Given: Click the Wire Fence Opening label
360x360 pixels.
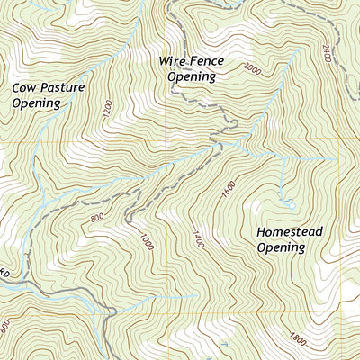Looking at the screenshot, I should coord(192,68).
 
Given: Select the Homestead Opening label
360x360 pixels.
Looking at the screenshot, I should coord(289,238).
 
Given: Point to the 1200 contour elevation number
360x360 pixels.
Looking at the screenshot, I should coord(108,111).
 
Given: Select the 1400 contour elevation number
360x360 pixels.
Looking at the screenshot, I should coord(195,238).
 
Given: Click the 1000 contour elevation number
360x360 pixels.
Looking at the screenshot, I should coord(147,241).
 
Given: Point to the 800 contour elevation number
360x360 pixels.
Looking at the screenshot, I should coord(98,218).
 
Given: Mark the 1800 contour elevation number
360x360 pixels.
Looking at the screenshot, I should coord(298,339).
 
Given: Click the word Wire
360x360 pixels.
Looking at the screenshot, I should coord(173,61).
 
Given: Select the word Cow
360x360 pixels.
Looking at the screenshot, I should coord(24,88).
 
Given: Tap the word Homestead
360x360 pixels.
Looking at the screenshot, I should coord(289,231).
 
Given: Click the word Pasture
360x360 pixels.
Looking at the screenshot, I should coord(65,88).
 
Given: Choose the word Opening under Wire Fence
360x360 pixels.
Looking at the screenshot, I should coord(193,77).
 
